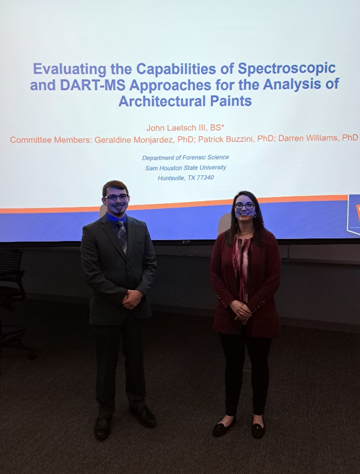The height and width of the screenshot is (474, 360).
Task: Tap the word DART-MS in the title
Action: (93, 85)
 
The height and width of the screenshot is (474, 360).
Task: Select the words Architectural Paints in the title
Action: (185, 101)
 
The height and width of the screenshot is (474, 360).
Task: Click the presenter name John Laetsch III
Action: (175, 128)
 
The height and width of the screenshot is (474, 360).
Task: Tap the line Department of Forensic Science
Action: (186, 158)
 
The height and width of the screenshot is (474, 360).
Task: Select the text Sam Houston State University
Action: (186, 167)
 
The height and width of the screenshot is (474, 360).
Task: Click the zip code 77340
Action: (205, 177)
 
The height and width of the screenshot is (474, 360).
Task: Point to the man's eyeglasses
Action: (116, 197)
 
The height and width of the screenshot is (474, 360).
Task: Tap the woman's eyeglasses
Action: (245, 206)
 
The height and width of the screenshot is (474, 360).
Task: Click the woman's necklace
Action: (247, 232)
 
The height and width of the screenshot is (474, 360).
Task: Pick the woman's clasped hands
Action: (242, 311)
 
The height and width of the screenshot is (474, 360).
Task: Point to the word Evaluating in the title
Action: (70, 69)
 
